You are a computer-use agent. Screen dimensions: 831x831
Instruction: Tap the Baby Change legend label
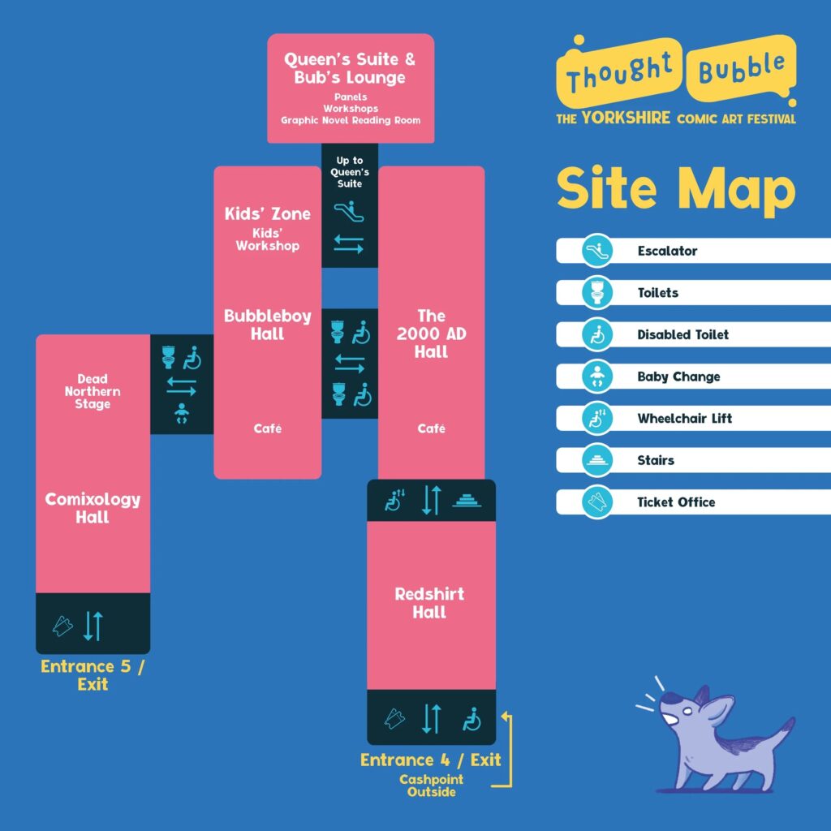[678, 377]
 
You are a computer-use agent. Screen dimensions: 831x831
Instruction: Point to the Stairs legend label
[656, 460]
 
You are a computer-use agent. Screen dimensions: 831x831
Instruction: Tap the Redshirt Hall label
[429, 603]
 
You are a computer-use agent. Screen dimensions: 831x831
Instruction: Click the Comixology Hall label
[93, 508]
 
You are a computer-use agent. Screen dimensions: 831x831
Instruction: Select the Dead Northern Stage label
[93, 391]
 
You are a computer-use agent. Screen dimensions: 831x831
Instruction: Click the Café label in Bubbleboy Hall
[268, 428]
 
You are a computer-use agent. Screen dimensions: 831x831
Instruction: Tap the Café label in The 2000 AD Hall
[431, 428]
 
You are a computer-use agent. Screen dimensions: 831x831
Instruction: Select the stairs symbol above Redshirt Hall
[468, 500]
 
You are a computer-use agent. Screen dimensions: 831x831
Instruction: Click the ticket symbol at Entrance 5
[62, 625]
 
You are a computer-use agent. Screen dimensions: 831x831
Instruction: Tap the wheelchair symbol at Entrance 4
[471, 718]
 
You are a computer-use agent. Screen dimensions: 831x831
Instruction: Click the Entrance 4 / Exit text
[430, 760]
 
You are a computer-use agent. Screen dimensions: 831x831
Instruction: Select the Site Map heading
[675, 188]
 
